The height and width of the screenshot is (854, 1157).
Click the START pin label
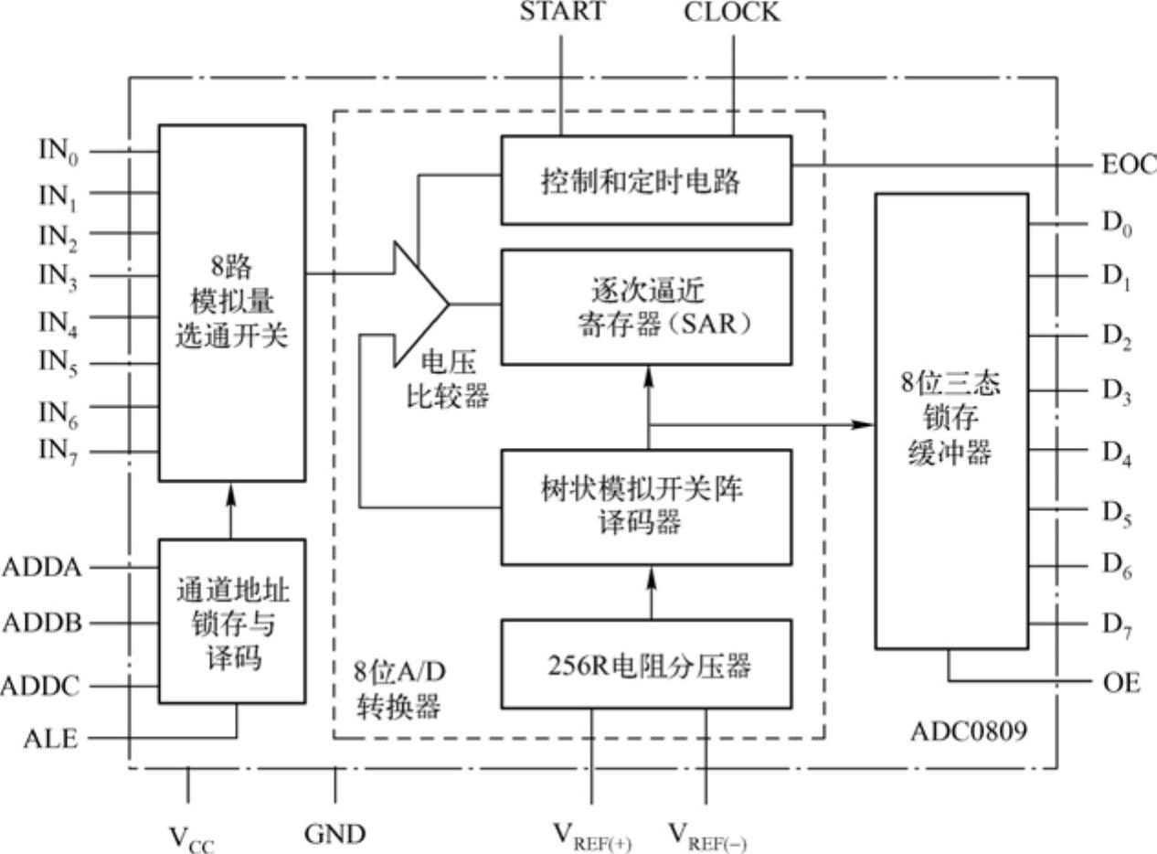pos(562,12)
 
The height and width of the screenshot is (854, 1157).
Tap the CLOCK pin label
pos(732,12)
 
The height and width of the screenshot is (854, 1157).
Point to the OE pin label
pos(1120,682)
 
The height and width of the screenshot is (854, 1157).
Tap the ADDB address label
pos(42,624)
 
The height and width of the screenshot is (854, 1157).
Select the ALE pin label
pos(51,739)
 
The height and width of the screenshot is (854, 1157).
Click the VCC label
pos(192,838)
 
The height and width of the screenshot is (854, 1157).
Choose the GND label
pos(334,834)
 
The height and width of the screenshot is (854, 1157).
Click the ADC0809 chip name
pos(968,731)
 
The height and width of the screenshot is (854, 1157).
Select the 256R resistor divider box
pos(646,664)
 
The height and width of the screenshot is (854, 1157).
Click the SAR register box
pos(646,307)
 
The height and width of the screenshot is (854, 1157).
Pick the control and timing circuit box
pos(646,179)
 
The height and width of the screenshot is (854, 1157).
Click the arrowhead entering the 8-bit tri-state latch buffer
pos(864,424)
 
